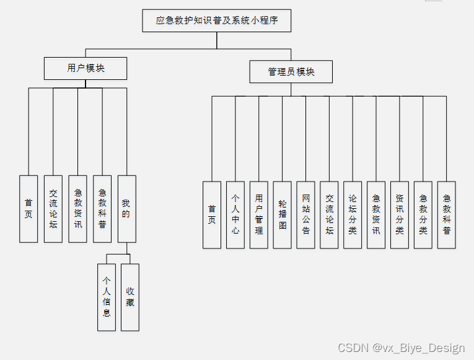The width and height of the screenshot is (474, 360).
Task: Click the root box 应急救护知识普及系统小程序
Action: pos(216,20)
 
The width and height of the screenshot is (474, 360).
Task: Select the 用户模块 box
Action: pos(86,68)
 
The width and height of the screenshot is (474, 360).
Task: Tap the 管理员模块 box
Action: pos(291,71)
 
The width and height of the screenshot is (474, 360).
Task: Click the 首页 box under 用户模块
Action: pos(29,209)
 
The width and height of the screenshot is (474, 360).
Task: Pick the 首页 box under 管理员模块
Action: pos(212,214)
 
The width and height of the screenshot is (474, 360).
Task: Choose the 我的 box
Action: pos(126,209)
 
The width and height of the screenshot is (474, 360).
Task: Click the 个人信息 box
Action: pos(107,297)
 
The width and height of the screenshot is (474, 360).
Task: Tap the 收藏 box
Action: pos(130,297)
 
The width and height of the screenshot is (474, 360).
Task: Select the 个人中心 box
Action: pos(235,214)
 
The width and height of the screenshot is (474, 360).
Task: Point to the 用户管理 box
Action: pos(259,214)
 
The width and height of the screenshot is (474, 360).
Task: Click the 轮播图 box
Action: pos(283,214)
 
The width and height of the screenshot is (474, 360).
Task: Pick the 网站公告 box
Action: pos(306,214)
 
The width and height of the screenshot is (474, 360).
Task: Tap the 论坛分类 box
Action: pos(353,214)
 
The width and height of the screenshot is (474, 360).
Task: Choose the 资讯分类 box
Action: pos(400,214)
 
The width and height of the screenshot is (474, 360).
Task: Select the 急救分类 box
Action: pos(423,214)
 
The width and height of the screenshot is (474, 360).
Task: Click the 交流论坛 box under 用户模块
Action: pos(53,209)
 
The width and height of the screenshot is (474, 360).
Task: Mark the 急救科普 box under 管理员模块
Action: pos(447,214)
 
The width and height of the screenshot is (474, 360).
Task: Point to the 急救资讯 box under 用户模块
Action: pos(77,209)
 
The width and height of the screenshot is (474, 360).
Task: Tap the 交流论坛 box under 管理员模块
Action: pos(330,214)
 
